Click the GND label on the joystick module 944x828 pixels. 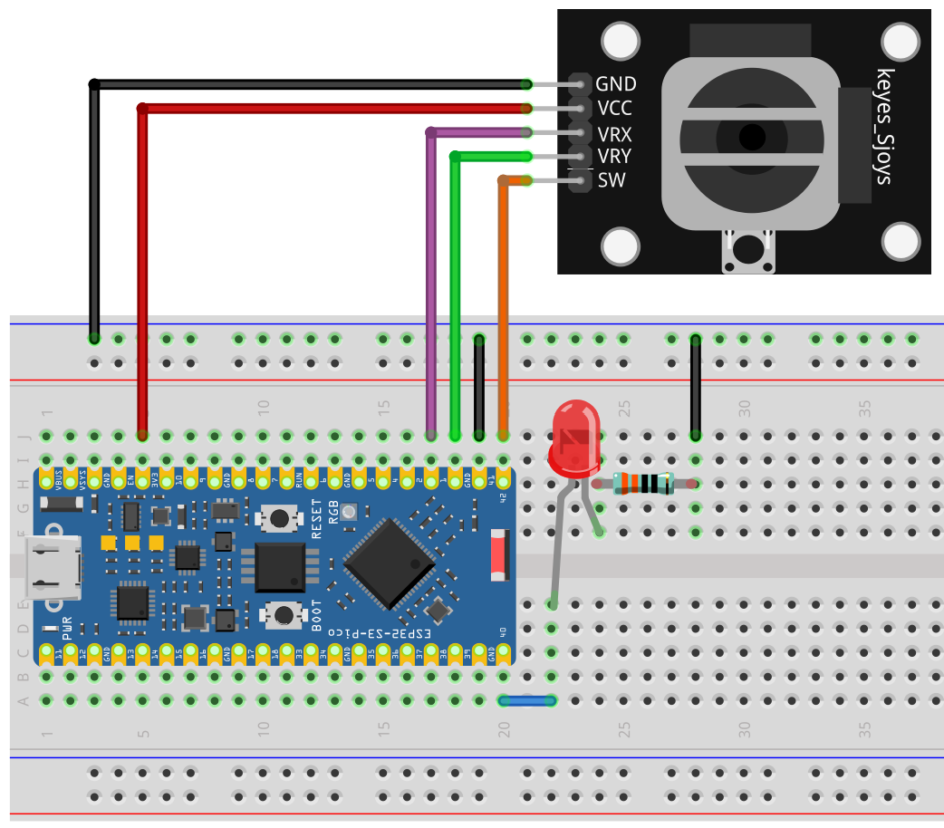[x=616, y=84]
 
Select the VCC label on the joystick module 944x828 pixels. [x=615, y=109]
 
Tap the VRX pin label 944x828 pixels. [x=615, y=133]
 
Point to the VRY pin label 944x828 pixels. [x=615, y=157]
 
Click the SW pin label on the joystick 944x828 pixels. [x=612, y=180]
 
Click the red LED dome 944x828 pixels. [x=573, y=436]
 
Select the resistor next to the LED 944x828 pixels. [x=643, y=484]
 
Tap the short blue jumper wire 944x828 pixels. [x=527, y=700]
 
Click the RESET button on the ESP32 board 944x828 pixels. [x=279, y=518]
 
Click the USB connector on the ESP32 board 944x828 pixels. [x=52, y=569]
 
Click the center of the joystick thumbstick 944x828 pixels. [x=751, y=138]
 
